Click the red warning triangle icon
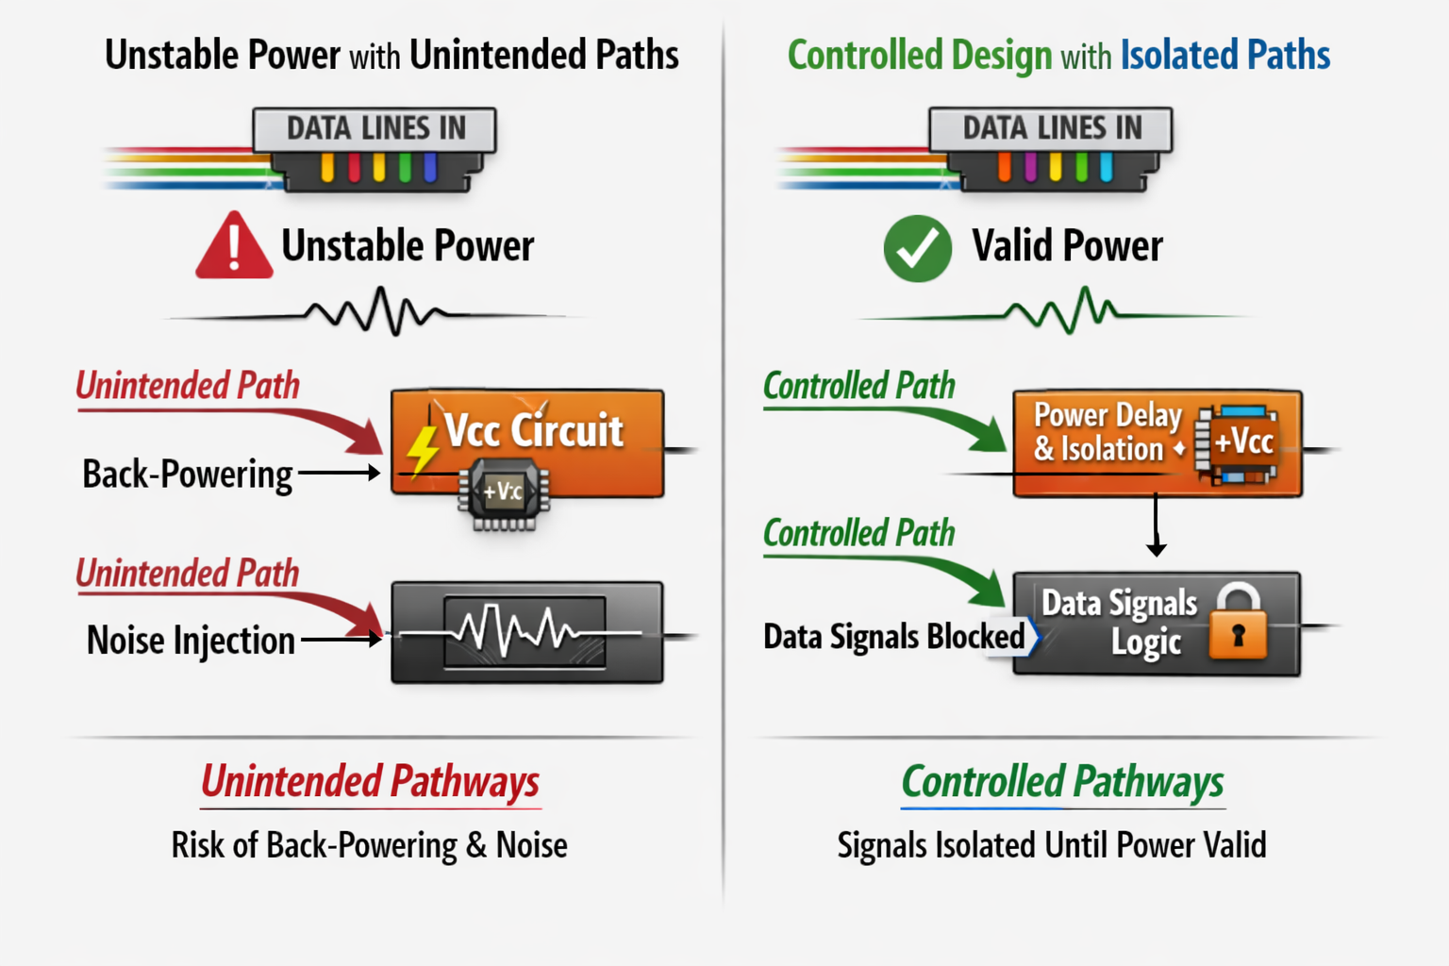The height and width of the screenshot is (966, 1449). pos(234,247)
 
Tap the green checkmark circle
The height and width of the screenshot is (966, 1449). pos(917,248)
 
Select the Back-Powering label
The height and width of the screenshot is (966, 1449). pos(188,474)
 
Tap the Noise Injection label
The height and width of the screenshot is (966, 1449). pos(191,641)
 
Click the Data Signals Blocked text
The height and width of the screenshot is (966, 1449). pos(893,637)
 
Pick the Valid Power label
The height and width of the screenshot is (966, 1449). pos(1067,247)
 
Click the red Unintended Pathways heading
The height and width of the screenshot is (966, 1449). pos(370,782)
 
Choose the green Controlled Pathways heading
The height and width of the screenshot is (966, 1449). pos(1062,782)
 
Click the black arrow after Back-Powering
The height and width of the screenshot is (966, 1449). pos(340,473)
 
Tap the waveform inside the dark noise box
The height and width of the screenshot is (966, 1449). pos(525,631)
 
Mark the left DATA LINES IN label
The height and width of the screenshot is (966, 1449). pos(375,128)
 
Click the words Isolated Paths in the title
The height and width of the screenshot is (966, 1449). pos(1224,56)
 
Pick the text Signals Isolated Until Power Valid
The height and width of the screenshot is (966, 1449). pos(1051,845)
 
